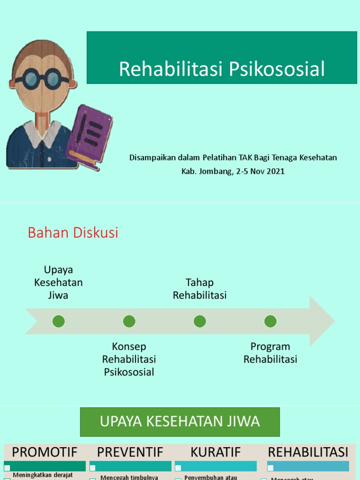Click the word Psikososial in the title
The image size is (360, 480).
pyautogui.click(x=277, y=69)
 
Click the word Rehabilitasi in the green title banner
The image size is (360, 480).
pyautogui.click(x=172, y=69)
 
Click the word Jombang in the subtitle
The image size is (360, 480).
pyautogui.click(x=214, y=171)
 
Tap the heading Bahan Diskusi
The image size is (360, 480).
pyautogui.click(x=73, y=232)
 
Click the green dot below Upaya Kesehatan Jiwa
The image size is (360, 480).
pyautogui.click(x=59, y=321)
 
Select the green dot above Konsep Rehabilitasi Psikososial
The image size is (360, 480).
pyautogui.click(x=129, y=321)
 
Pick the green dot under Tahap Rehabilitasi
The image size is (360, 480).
pyautogui.click(x=200, y=321)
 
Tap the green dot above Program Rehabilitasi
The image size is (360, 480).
pyautogui.click(x=270, y=321)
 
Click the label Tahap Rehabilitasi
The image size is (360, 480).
pyautogui.click(x=200, y=289)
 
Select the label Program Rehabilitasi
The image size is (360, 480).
pyautogui.click(x=270, y=353)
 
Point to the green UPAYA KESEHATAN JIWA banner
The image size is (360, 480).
pyautogui.click(x=180, y=421)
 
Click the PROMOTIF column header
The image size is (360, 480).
pyautogui.click(x=45, y=452)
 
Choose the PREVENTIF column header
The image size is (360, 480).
pyautogui.click(x=130, y=452)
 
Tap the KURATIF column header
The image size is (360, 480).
pyautogui.click(x=216, y=452)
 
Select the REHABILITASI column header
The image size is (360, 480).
pyautogui.click(x=308, y=452)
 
